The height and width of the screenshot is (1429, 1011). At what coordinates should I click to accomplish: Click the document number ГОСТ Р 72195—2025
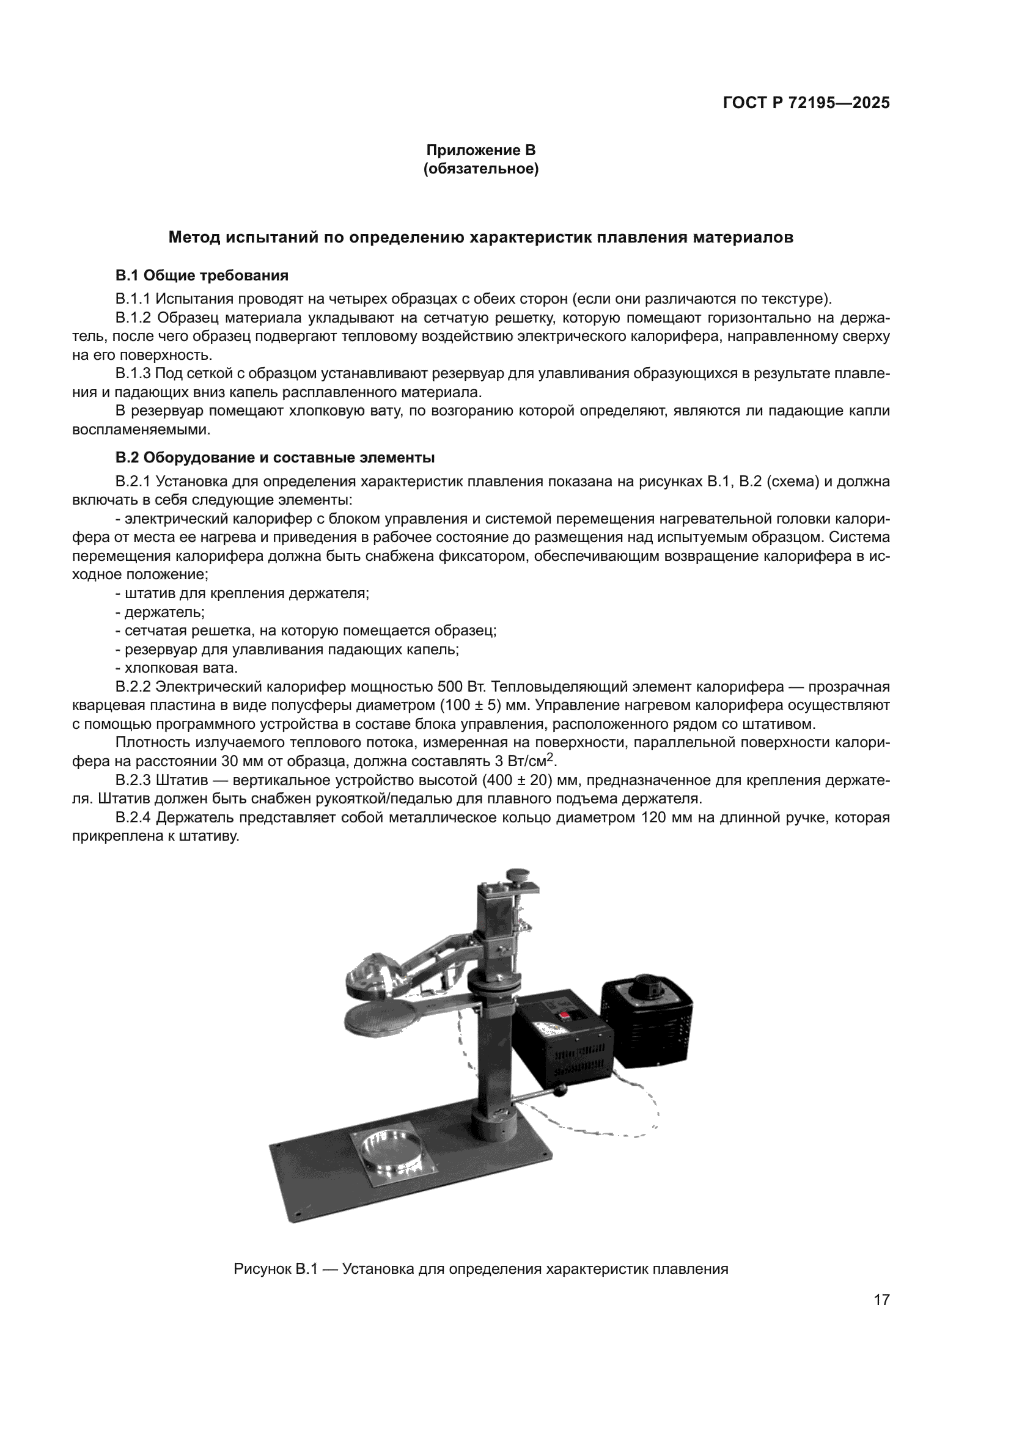coord(806,103)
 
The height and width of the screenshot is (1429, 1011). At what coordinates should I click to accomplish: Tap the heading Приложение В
coord(480,150)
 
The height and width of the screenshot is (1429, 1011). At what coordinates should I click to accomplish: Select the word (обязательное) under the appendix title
coord(480,169)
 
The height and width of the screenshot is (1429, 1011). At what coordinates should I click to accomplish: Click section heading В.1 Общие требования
coord(202,275)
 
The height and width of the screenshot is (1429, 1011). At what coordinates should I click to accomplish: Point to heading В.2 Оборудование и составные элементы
coord(274,458)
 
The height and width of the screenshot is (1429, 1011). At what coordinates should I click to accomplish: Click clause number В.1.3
coord(133,374)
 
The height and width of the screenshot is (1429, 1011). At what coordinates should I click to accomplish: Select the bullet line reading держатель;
coord(163,612)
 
